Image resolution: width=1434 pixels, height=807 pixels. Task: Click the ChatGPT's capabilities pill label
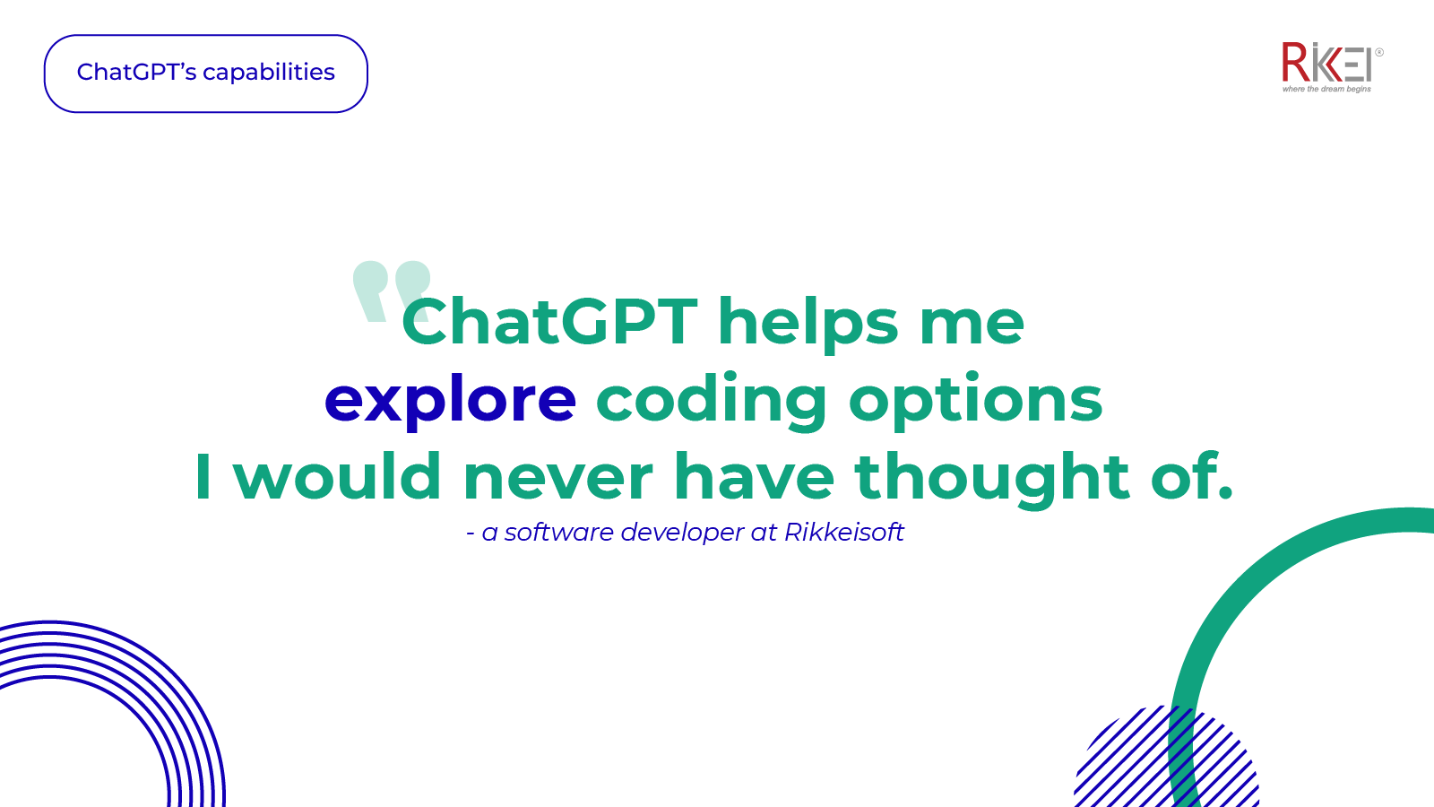click(206, 73)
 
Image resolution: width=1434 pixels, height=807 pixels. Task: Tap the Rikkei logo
click(1326, 62)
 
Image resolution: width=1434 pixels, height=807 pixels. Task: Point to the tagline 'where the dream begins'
click(1326, 89)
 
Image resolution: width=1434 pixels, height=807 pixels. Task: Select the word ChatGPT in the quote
click(549, 322)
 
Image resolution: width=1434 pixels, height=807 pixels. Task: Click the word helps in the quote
click(808, 322)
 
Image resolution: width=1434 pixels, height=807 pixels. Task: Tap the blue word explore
click(450, 400)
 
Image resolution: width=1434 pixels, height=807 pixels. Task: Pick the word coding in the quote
click(712, 400)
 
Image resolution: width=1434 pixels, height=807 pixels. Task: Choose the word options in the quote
click(976, 400)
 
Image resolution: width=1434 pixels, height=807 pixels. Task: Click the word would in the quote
click(337, 476)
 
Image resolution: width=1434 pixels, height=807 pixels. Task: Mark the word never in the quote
click(557, 476)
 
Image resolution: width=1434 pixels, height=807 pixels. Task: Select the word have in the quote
click(755, 476)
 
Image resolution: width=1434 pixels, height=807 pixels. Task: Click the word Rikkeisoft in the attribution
click(844, 533)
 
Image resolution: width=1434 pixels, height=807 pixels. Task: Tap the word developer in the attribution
click(681, 533)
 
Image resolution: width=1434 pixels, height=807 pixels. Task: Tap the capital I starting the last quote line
click(203, 476)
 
